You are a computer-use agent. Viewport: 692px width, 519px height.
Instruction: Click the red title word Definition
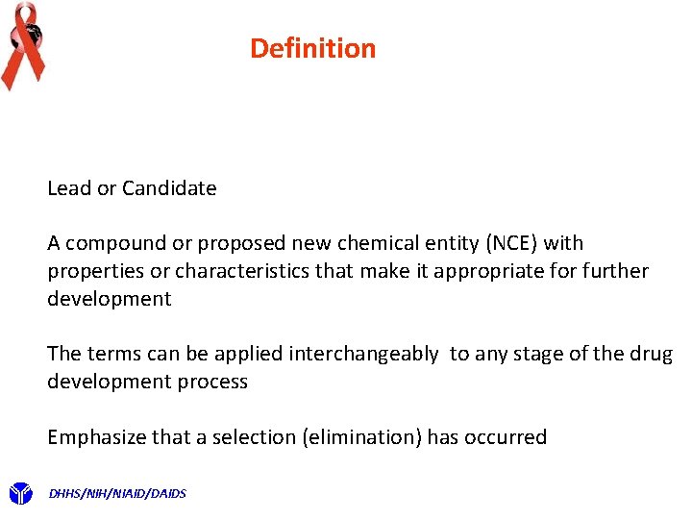pos(312,48)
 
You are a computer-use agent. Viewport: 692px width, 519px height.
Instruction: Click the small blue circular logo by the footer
pos(20,494)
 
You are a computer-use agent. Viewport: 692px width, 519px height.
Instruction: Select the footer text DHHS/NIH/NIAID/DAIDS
pos(117,494)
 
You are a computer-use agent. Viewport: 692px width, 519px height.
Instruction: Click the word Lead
pos(69,188)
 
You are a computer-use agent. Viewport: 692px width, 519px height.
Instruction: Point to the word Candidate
pos(170,188)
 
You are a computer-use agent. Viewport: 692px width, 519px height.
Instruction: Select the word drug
pos(655,354)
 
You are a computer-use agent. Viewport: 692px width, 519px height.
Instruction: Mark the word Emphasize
pos(96,437)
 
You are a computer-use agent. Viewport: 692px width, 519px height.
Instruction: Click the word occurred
pos(506,437)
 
